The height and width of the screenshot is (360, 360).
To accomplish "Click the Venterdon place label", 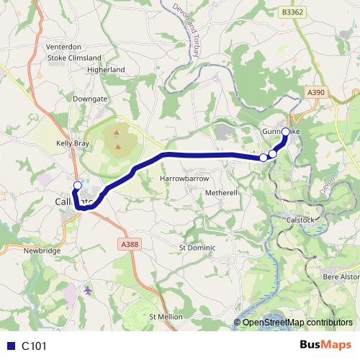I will pyautogui.click(x=64, y=46).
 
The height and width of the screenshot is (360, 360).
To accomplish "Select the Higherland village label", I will pyautogui.click(x=105, y=70).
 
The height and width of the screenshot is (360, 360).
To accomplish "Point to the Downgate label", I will pyautogui.click(x=89, y=97).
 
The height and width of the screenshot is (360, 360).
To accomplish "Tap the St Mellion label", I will pyautogui.click(x=166, y=317).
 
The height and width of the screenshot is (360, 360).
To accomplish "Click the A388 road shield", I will pyautogui.click(x=130, y=245).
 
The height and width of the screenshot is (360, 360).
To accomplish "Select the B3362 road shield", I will pyautogui.click(x=292, y=12).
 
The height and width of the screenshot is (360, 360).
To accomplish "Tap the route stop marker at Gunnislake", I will pyautogui.click(x=286, y=132).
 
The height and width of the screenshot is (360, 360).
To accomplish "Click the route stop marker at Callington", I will pyautogui.click(x=78, y=185).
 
